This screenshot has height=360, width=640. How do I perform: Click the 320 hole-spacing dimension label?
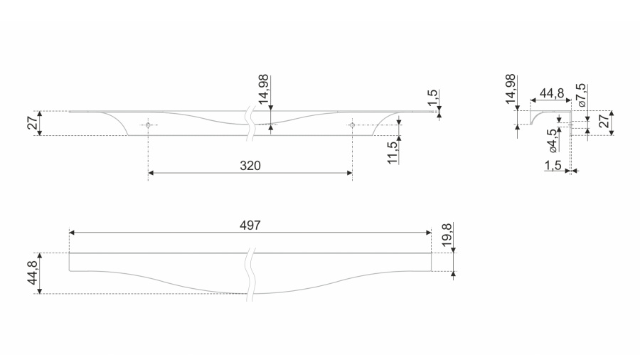[x=250, y=166]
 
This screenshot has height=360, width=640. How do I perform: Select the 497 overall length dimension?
[x=250, y=226]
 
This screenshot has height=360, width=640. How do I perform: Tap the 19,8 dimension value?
[x=447, y=235]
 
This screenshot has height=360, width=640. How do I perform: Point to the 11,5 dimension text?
[x=393, y=153]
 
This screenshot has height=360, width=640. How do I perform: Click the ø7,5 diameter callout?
[x=581, y=95]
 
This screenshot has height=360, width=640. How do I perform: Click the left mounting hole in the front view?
[x=148, y=125]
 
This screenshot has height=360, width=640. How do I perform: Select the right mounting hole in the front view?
[x=352, y=125]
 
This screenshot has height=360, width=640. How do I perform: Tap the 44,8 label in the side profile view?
[x=552, y=93]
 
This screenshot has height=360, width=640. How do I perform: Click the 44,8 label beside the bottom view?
[x=33, y=272]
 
